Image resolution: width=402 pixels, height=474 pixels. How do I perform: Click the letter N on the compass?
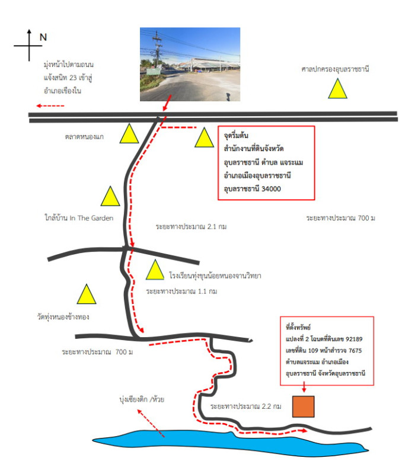pyautogui.click(x=43, y=37)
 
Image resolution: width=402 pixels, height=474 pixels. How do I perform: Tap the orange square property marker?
pyautogui.click(x=303, y=406)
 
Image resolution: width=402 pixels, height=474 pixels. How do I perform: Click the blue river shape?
pyautogui.click(x=230, y=443)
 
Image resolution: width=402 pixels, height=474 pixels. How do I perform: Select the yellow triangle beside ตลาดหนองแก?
pyautogui.click(x=129, y=133)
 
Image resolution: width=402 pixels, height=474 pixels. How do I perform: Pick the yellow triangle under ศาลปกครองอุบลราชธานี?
pyautogui.click(x=337, y=88)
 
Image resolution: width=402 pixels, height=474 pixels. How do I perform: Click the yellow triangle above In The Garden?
pyautogui.click(x=110, y=196)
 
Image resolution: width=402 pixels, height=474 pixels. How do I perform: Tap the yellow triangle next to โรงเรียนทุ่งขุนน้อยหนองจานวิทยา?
pyautogui.click(x=155, y=270)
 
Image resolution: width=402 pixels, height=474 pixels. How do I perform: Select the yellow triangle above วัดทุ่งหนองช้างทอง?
pyautogui.click(x=87, y=294)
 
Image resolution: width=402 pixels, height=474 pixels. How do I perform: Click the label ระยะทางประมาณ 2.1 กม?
pyautogui.click(x=191, y=226)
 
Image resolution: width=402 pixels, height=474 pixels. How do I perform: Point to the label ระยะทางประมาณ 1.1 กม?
pyautogui.click(x=181, y=291)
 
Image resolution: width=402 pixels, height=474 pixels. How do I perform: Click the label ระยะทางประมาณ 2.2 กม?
pyautogui.click(x=246, y=406)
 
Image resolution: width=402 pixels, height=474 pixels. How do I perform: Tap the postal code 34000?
pyautogui.click(x=271, y=189)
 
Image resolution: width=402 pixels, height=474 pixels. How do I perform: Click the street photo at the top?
pyautogui.click(x=190, y=65)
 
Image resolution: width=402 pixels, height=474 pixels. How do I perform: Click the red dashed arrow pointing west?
pyautogui.click(x=50, y=106)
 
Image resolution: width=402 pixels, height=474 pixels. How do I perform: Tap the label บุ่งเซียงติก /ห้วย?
pyautogui.click(x=142, y=399)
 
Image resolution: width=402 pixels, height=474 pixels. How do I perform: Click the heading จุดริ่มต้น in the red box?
pyautogui.click(x=236, y=136)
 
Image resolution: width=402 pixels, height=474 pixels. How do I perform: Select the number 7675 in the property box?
pyautogui.click(x=355, y=350)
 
